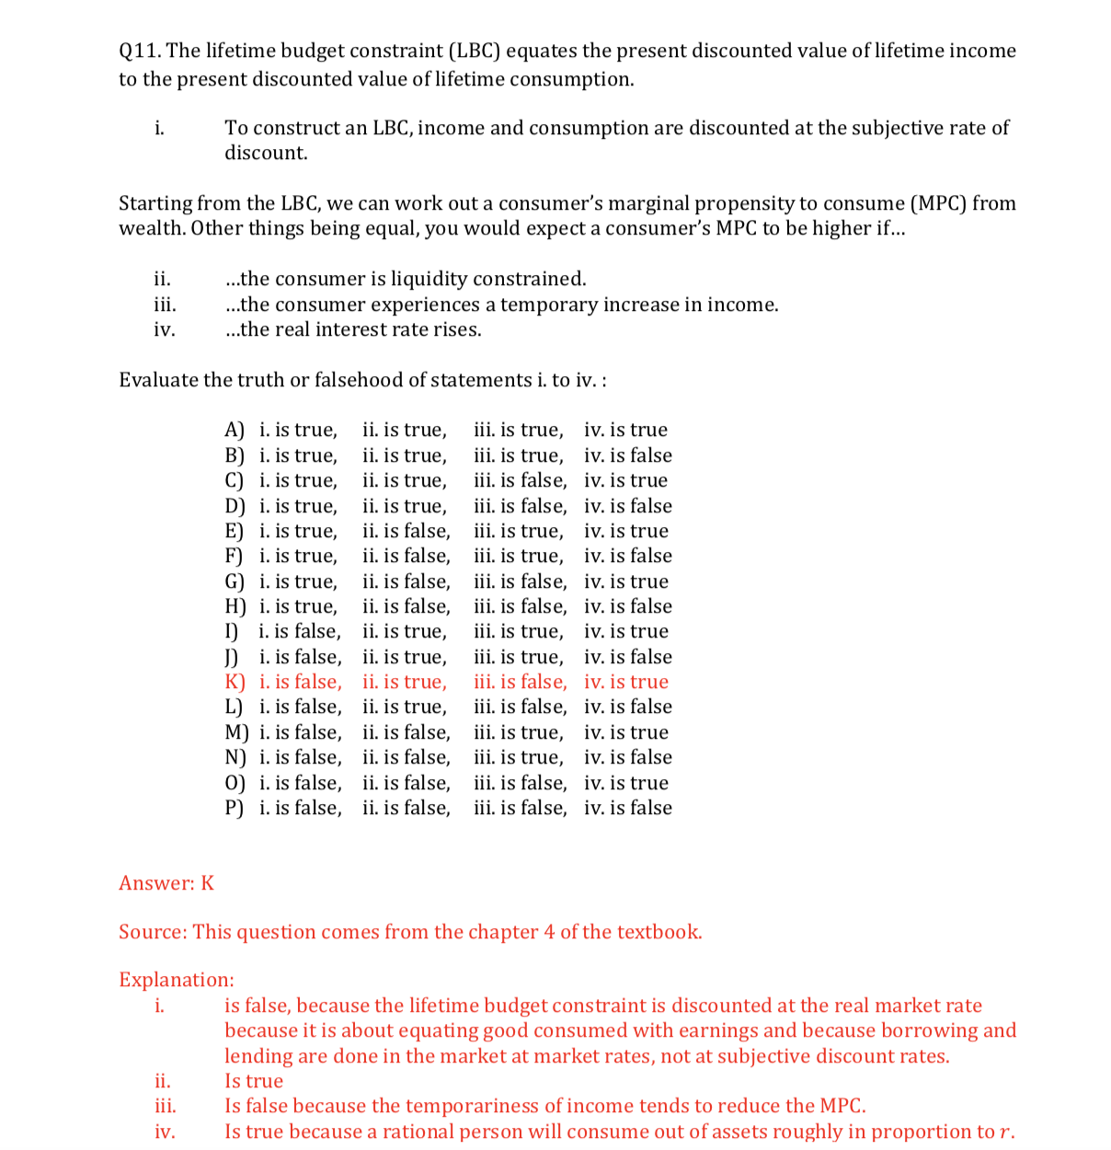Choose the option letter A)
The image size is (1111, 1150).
point(235,431)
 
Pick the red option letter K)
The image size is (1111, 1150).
point(235,682)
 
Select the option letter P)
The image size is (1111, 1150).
point(235,808)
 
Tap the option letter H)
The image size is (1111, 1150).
point(235,606)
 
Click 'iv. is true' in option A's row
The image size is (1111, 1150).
point(625,430)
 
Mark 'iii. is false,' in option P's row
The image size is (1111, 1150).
point(521,808)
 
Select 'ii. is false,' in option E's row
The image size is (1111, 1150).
point(406,531)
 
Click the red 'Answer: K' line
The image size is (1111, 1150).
point(166,883)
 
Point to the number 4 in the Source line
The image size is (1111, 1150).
point(549,932)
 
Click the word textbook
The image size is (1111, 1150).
point(659,932)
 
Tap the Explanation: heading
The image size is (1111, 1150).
point(177,980)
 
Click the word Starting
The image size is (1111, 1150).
point(155,203)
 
